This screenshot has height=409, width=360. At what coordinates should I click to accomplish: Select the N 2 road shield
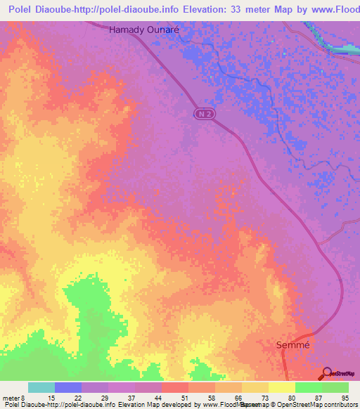203,113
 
